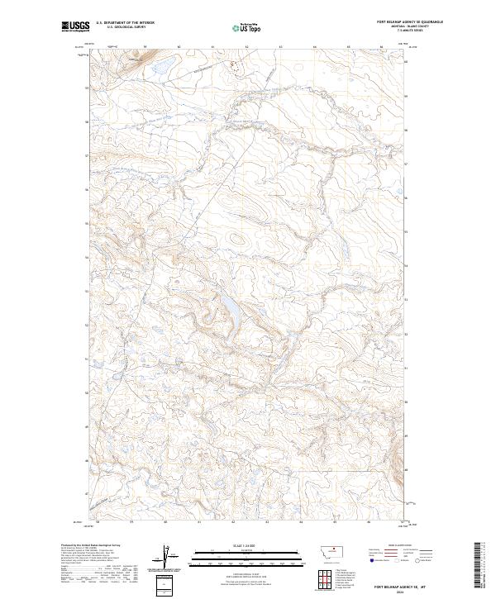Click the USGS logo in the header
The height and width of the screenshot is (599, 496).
(x=74, y=27)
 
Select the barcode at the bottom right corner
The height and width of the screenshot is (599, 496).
(x=480, y=566)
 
